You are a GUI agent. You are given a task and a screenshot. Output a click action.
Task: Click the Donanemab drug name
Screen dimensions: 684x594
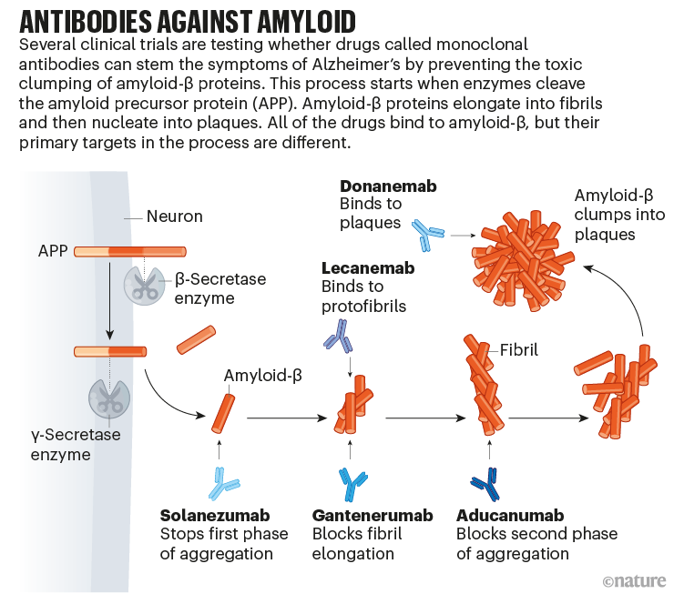(388, 186)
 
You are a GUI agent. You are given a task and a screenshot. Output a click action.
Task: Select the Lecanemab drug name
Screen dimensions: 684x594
(368, 268)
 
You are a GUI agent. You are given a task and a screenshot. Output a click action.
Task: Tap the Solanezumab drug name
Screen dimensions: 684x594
(215, 516)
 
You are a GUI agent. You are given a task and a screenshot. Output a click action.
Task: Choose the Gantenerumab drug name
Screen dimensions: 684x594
(373, 516)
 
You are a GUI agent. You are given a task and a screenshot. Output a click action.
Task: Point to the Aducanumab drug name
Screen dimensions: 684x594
(510, 516)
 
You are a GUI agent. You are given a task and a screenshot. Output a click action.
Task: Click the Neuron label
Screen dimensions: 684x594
(175, 216)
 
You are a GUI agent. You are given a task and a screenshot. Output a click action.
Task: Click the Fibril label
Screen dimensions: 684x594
(518, 350)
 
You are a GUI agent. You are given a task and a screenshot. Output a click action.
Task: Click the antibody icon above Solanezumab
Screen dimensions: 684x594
(223, 484)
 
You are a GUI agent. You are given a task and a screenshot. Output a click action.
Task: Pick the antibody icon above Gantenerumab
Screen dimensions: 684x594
(352, 484)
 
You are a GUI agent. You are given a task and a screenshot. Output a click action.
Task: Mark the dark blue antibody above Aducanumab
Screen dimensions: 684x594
(486, 484)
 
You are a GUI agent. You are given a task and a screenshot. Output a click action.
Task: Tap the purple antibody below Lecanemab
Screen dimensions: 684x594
(339, 336)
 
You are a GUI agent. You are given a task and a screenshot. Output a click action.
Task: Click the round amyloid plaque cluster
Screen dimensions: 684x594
(523, 260)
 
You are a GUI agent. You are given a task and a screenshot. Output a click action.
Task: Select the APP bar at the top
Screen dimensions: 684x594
(130, 251)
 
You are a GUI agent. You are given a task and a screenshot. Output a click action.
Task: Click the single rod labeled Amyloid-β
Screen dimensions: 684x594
(223, 414)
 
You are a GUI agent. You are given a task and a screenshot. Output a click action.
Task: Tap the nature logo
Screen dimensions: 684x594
(634, 581)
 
